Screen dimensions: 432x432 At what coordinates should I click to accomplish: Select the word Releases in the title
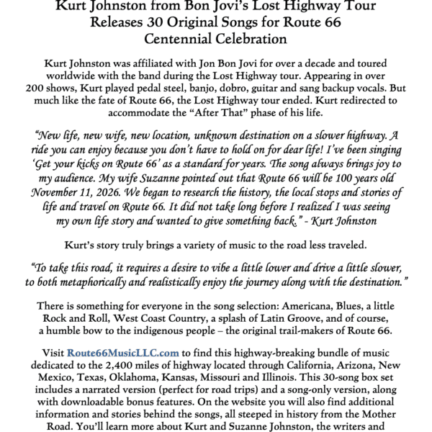click(120, 22)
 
